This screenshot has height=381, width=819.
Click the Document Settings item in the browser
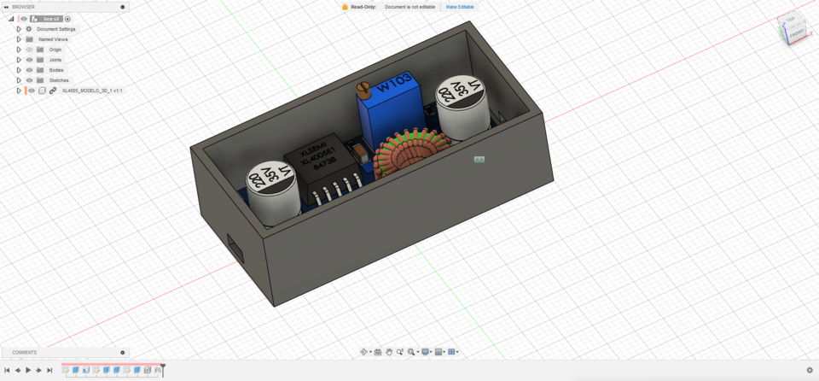pos(55,29)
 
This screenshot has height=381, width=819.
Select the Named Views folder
pos(53,39)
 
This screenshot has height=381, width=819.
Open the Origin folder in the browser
pos(55,50)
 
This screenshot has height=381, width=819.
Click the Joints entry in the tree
pos(55,60)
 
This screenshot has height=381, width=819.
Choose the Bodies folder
pos(56,70)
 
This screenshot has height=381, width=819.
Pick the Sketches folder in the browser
pos(59,80)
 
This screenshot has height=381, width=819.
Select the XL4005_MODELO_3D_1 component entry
pos(91,91)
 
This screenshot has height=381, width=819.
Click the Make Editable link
pos(460,7)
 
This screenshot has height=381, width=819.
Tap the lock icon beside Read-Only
pos(345,7)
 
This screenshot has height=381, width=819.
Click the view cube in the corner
pos(792,28)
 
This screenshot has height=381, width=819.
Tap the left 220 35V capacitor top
pos(271,181)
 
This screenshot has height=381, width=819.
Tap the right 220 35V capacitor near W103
pos(461,95)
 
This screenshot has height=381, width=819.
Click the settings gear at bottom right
pos(810,370)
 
